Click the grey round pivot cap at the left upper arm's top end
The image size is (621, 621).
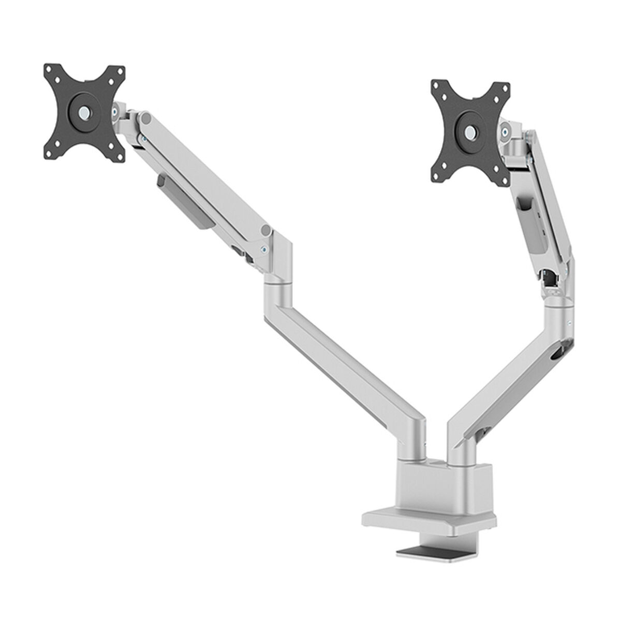[x=146, y=120]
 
